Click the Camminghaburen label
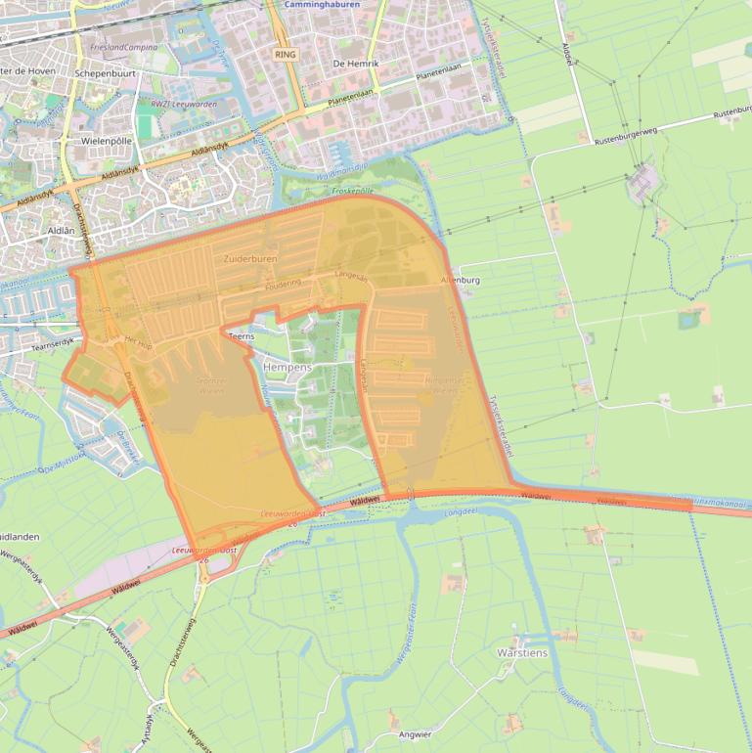click(x=321, y=5)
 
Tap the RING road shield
click(x=285, y=55)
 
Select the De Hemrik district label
click(x=355, y=64)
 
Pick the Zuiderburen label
click(x=250, y=259)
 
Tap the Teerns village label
click(x=241, y=336)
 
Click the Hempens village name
click(x=287, y=367)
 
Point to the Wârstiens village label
click(x=522, y=652)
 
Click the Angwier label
click(x=415, y=733)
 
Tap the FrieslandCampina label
click(x=122, y=47)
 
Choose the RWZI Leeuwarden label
click(x=184, y=104)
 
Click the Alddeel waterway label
click(x=566, y=49)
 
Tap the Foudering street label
click(x=283, y=282)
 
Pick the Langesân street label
click(x=351, y=277)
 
